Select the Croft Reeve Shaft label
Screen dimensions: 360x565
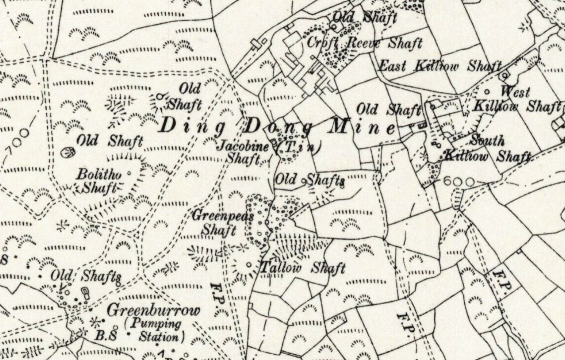click(x=364, y=43)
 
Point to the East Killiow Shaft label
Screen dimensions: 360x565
click(x=439, y=66)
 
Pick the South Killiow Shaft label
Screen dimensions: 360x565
click(x=487, y=149)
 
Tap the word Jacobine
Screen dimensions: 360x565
click(x=243, y=146)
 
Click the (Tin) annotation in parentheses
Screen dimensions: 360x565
click(x=299, y=147)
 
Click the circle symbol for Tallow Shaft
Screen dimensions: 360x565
click(x=248, y=264)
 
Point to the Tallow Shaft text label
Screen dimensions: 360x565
click(x=303, y=268)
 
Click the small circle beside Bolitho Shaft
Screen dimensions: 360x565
click(x=129, y=173)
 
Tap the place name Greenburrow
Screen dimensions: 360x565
click(x=153, y=310)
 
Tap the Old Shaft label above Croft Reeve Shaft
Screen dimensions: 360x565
click(x=365, y=17)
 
